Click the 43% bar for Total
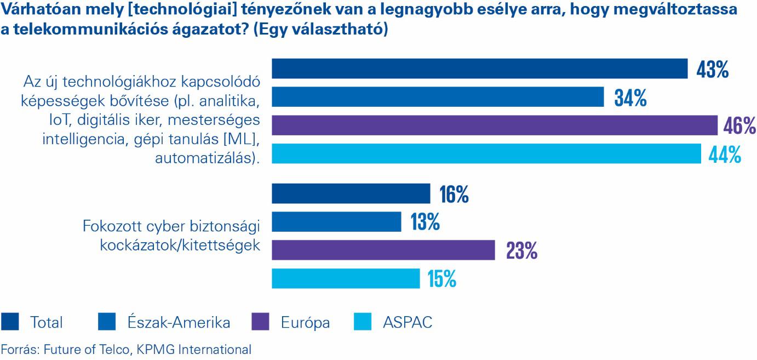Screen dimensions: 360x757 coord(479,69)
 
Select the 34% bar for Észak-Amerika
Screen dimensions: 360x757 coord(438,98)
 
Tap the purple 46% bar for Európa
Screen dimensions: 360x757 coord(495,125)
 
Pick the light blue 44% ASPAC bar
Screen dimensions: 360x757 coord(486,154)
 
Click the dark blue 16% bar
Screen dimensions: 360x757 coord(351,193)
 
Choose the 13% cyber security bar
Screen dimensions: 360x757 coord(337,222)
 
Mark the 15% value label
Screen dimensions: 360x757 coord(441,279)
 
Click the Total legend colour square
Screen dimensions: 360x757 coord(10,322)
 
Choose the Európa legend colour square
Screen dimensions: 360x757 coord(260,322)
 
